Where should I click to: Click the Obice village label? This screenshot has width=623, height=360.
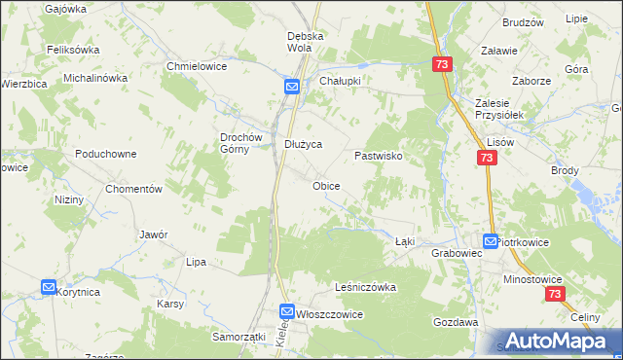click(326, 185)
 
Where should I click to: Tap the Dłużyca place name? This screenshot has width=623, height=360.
click(302, 144)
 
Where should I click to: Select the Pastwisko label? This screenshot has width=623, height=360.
click(379, 155)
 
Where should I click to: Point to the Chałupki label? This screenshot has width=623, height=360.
click(342, 82)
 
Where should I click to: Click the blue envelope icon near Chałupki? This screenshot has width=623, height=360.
click(292, 86)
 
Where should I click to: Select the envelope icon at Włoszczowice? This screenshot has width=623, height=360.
click(287, 311)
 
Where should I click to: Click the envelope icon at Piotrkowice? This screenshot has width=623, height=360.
click(491, 240)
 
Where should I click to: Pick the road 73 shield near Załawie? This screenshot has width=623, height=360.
click(443, 63)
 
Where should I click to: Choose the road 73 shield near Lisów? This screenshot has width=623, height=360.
click(487, 158)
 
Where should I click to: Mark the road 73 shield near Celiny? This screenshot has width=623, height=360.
click(554, 294)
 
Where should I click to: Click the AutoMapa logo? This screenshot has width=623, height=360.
click(559, 340)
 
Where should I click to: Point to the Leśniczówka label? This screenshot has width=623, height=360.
click(365, 287)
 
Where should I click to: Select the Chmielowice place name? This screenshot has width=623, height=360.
click(198, 66)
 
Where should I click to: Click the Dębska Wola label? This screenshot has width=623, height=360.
click(305, 42)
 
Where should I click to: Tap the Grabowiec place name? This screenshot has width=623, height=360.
click(457, 252)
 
